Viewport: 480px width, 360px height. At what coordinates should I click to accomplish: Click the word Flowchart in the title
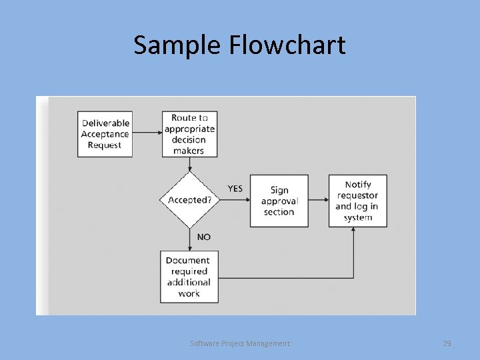(x=287, y=45)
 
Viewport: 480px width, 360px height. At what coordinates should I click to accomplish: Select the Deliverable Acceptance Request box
(x=105, y=134)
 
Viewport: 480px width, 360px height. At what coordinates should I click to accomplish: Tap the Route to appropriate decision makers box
(x=189, y=134)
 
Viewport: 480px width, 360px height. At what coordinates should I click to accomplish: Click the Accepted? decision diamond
(x=189, y=200)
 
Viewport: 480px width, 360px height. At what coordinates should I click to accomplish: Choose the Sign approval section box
(x=279, y=201)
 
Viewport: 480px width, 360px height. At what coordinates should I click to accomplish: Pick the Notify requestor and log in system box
(x=357, y=201)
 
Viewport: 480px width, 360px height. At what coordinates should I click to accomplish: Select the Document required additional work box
(x=189, y=277)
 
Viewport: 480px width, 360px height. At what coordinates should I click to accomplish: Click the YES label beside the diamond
(x=235, y=189)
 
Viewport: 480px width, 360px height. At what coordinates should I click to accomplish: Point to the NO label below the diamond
(x=203, y=237)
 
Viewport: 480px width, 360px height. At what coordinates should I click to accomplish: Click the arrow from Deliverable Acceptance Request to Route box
(x=147, y=133)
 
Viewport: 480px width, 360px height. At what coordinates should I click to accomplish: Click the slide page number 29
(x=447, y=343)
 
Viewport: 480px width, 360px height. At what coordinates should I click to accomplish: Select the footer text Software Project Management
(x=240, y=343)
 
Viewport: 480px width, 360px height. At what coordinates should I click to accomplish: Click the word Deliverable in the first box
(x=105, y=123)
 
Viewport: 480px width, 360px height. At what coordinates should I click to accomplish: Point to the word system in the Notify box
(x=358, y=217)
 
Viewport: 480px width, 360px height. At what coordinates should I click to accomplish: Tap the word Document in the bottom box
(x=188, y=260)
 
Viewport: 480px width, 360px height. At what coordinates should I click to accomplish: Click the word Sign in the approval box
(x=279, y=190)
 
